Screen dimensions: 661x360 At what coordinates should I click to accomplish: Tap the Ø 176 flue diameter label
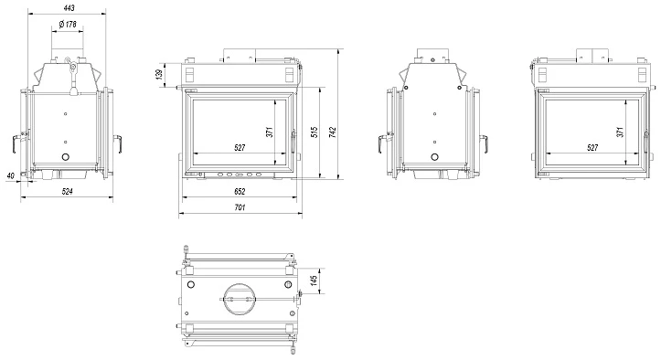click(68, 24)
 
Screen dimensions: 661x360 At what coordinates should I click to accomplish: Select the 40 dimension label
click(11, 175)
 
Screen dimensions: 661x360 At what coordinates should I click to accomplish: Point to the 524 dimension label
click(67, 191)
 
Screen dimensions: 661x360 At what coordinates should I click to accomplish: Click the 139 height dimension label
click(159, 74)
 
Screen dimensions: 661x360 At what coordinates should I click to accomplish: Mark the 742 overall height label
click(333, 132)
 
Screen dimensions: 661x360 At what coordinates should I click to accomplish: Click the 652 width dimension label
click(239, 191)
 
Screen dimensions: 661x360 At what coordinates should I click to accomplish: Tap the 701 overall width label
click(239, 207)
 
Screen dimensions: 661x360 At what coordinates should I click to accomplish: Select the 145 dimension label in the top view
click(314, 281)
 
